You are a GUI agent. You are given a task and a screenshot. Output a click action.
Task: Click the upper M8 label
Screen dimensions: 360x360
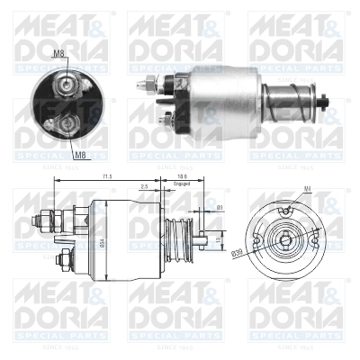coord(58,54)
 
